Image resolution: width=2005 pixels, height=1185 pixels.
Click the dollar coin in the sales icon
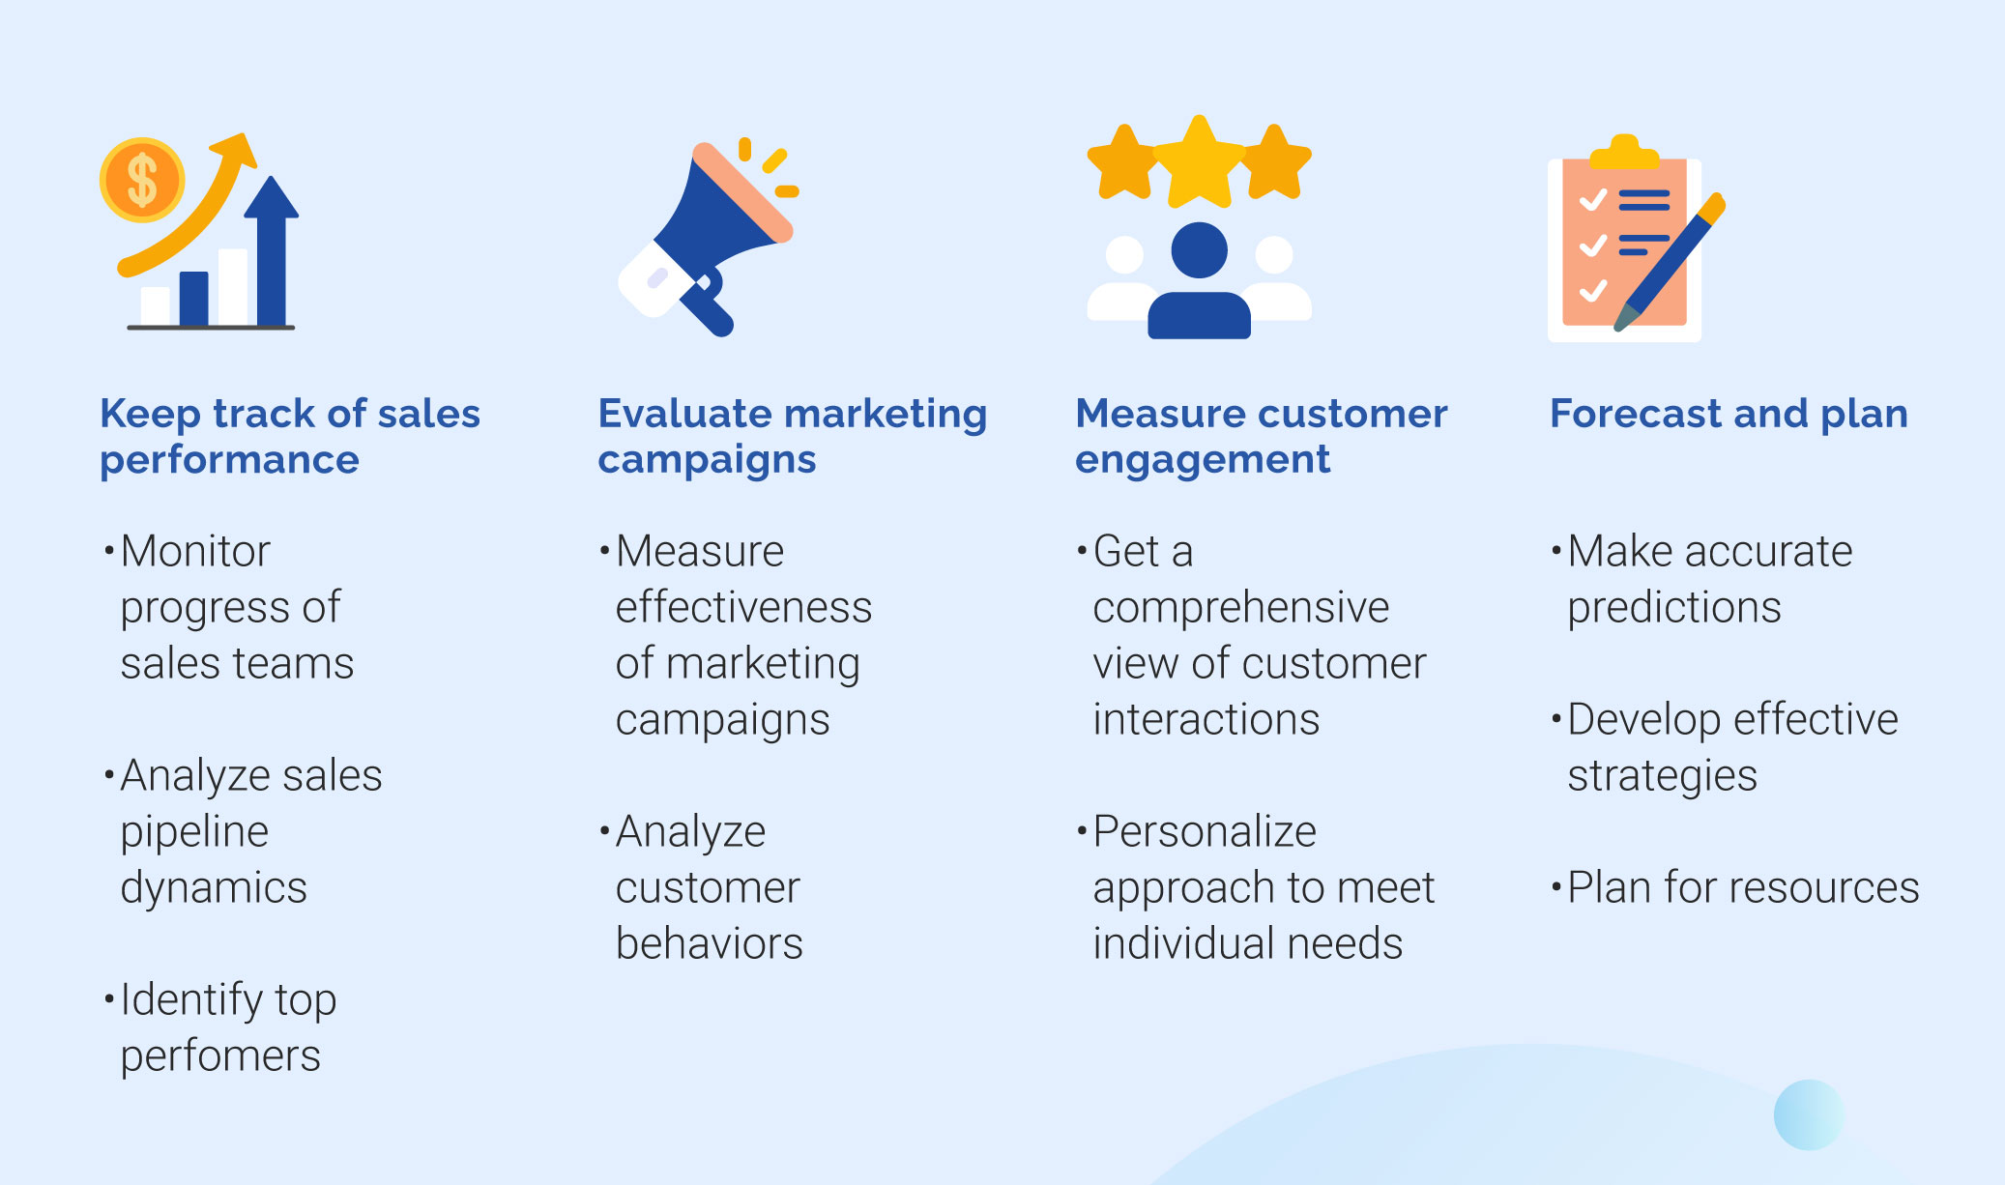pyautogui.click(x=142, y=180)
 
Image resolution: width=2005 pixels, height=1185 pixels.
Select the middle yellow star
pyautogui.click(x=1199, y=162)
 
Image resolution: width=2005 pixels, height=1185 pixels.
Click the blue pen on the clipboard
pyautogui.click(x=1670, y=262)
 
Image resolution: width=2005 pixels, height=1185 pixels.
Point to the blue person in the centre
pyautogui.click(x=1199, y=280)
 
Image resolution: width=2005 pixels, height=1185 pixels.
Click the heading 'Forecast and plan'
pyautogui.click(x=1729, y=414)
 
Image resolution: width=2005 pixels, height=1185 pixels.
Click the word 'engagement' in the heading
pyautogui.click(x=1203, y=460)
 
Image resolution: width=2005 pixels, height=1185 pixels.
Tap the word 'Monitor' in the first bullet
pyautogui.click(x=195, y=551)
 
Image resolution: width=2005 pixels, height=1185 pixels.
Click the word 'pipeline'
pyautogui.click(x=194, y=832)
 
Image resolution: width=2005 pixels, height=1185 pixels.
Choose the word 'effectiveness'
pyautogui.click(x=743, y=607)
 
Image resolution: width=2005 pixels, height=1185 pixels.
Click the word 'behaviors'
pyautogui.click(x=709, y=943)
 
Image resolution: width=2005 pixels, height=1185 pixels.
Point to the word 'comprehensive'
pyautogui.click(x=1240, y=608)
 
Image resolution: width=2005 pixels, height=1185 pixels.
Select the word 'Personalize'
pyautogui.click(x=1205, y=831)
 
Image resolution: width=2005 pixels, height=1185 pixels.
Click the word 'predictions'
pyautogui.click(x=1673, y=608)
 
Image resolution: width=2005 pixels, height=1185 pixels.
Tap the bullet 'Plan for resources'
pyautogui.click(x=1735, y=887)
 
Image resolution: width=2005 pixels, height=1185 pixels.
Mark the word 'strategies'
pyautogui.click(x=1662, y=776)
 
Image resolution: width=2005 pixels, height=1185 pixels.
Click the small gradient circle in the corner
pyautogui.click(x=1809, y=1114)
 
